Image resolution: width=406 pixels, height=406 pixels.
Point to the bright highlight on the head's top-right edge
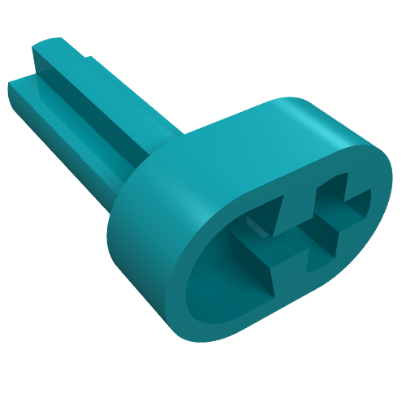pos(325,130)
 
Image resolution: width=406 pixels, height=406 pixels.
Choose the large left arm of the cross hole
pos(244,244)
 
